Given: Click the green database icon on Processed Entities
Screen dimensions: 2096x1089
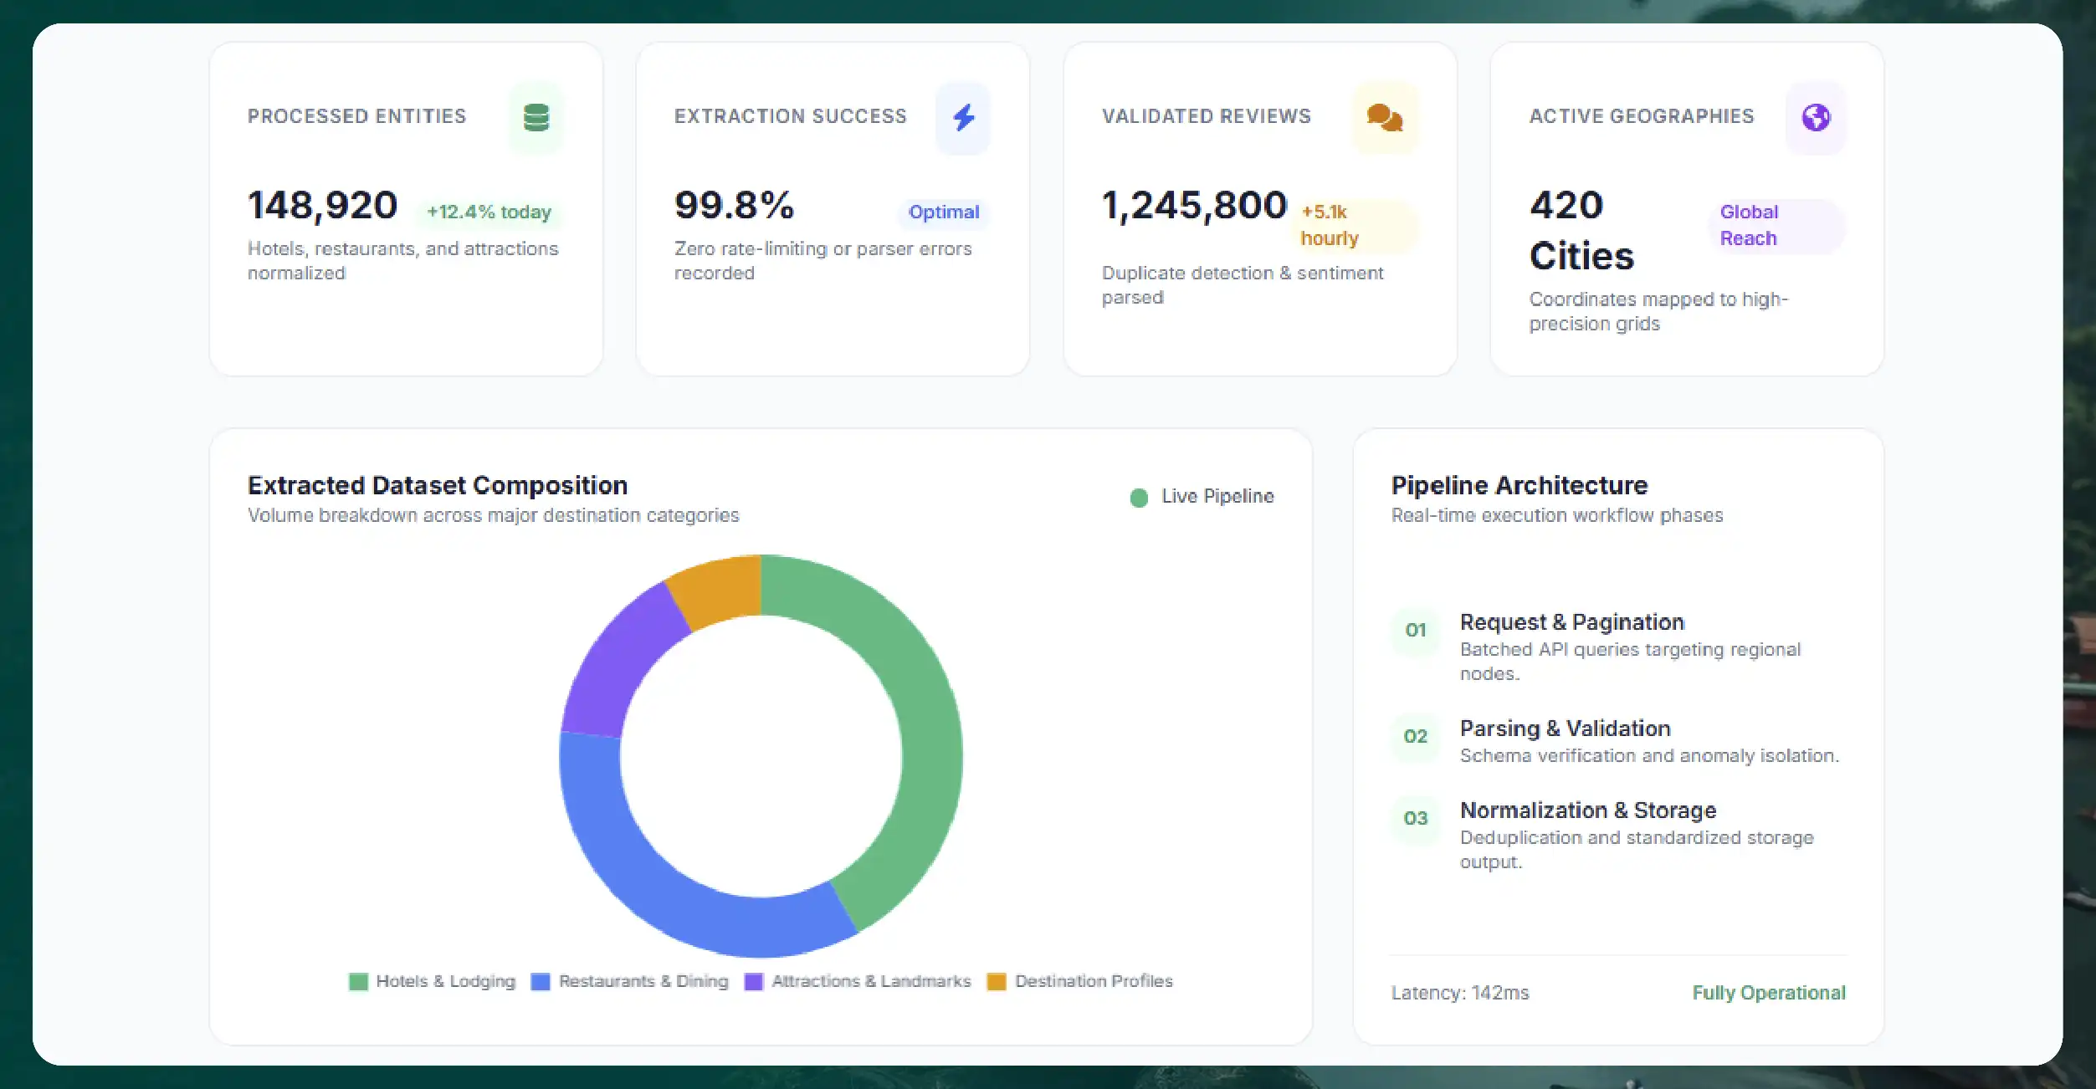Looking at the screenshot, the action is [536, 117].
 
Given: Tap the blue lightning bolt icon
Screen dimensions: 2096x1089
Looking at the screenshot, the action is [964, 117].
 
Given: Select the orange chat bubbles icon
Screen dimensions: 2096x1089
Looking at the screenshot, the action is [1385, 117].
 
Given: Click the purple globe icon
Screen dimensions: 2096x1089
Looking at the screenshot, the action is [1816, 117].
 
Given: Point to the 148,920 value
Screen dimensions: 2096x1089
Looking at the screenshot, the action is [322, 206].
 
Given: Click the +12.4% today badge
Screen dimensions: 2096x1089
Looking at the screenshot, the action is [489, 212].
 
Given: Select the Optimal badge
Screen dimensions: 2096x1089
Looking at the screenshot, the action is [944, 212].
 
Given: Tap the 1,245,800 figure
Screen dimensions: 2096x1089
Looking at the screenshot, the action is [1194, 206].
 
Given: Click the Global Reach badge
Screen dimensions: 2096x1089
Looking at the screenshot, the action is [1776, 226].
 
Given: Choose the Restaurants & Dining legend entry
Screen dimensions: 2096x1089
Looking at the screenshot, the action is [629, 981].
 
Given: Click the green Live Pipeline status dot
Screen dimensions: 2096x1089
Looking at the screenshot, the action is [1139, 498].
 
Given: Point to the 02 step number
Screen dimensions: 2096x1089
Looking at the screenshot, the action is [1415, 737].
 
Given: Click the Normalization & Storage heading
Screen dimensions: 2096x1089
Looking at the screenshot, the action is [1588, 810].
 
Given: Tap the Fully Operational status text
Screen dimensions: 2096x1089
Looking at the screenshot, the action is [1769, 993].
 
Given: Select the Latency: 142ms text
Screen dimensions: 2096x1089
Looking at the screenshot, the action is [1460, 993].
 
